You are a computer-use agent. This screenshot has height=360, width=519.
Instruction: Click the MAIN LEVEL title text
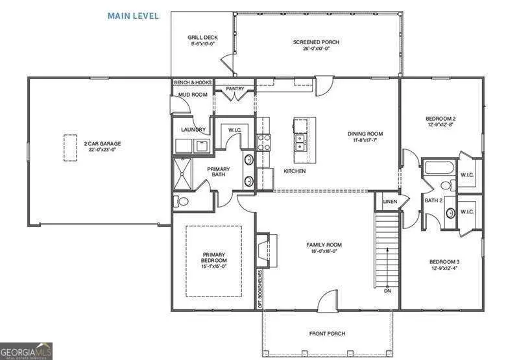click(x=133, y=16)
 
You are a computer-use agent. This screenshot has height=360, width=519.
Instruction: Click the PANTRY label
click(x=234, y=88)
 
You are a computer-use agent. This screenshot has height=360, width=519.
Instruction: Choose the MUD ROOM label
click(x=192, y=95)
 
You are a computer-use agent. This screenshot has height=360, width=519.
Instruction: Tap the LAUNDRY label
click(x=193, y=130)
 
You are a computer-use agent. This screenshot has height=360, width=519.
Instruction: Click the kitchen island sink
click(x=300, y=139)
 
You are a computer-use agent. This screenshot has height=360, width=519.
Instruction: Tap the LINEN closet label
click(x=389, y=202)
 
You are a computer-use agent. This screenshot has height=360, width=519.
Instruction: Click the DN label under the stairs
click(x=387, y=291)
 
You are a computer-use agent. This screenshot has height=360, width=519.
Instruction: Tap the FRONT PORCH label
click(x=327, y=333)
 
